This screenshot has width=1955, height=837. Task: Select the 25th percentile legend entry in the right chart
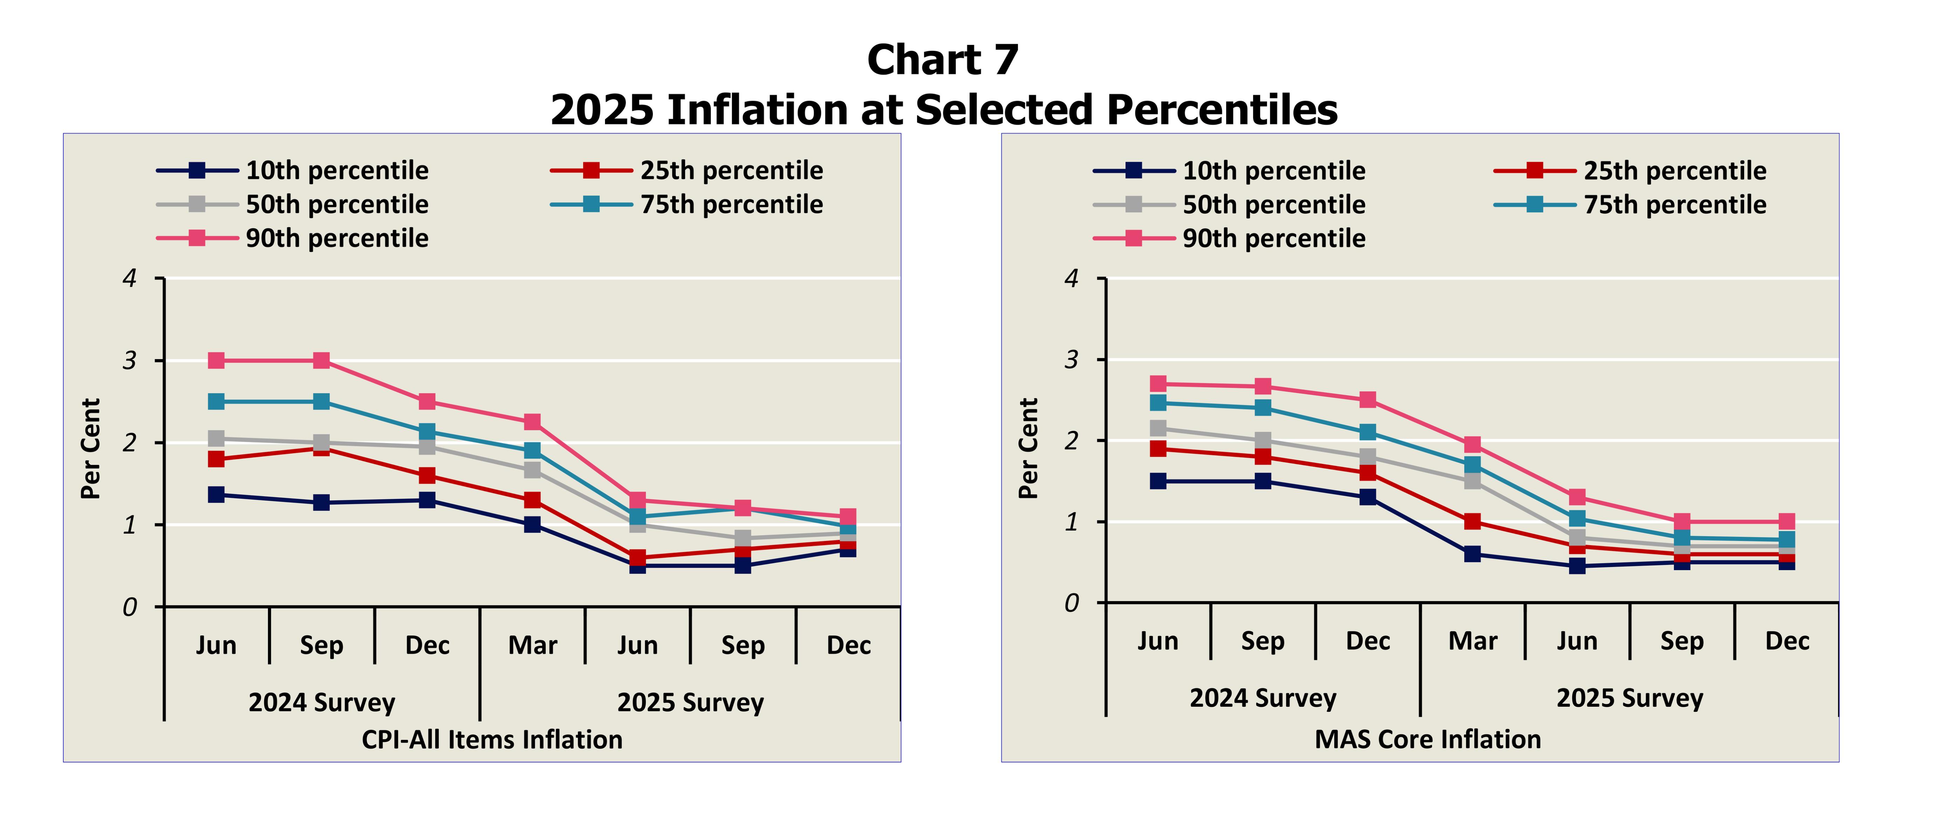click(x=1674, y=171)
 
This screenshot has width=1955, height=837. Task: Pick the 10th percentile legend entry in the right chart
click(x=1273, y=171)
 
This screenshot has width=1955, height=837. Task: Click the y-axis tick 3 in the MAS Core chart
click(x=1071, y=359)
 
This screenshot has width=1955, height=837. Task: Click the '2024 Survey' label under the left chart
click(x=322, y=702)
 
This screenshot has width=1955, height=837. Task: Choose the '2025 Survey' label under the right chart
click(x=1630, y=697)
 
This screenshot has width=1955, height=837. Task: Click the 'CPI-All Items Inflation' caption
click(x=492, y=739)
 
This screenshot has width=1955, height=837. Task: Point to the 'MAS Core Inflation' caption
click(x=1427, y=739)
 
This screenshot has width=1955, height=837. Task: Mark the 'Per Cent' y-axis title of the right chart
click(x=1028, y=448)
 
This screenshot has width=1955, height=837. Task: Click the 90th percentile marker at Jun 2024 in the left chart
click(x=216, y=360)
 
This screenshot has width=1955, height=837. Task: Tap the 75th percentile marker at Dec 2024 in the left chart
click(x=427, y=431)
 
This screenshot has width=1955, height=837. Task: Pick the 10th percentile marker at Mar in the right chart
click(x=1472, y=554)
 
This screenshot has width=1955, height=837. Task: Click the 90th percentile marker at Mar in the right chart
click(x=1472, y=444)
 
